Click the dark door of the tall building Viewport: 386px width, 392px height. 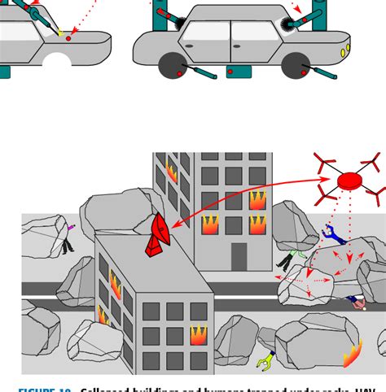click(239, 256)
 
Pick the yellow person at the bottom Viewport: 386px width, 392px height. click(264, 359)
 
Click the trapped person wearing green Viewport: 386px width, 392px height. click(286, 259)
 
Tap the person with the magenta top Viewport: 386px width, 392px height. click(68, 236)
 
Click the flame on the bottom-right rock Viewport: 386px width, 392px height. click(353, 355)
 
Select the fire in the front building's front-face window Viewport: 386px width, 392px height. click(198, 335)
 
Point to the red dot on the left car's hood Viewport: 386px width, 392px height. click(69, 38)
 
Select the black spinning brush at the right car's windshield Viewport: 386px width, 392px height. click(288, 29)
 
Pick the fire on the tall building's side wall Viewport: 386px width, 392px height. click(172, 172)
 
